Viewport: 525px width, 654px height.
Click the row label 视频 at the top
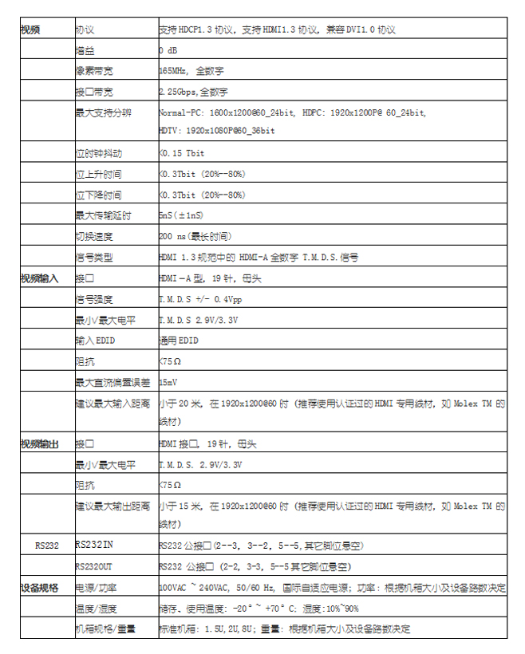[x=30, y=30]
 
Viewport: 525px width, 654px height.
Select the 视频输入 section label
[x=38, y=278]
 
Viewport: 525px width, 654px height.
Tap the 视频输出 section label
[x=38, y=443]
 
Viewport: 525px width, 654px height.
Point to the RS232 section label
[x=45, y=546]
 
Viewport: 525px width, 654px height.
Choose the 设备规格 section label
[x=38, y=588]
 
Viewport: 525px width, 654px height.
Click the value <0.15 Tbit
[x=181, y=153]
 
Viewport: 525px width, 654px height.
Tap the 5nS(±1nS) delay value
[x=183, y=215]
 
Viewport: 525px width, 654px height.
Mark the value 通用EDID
[x=179, y=341]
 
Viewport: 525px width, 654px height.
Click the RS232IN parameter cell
[x=94, y=546]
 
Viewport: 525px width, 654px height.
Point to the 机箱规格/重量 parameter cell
[x=105, y=629]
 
